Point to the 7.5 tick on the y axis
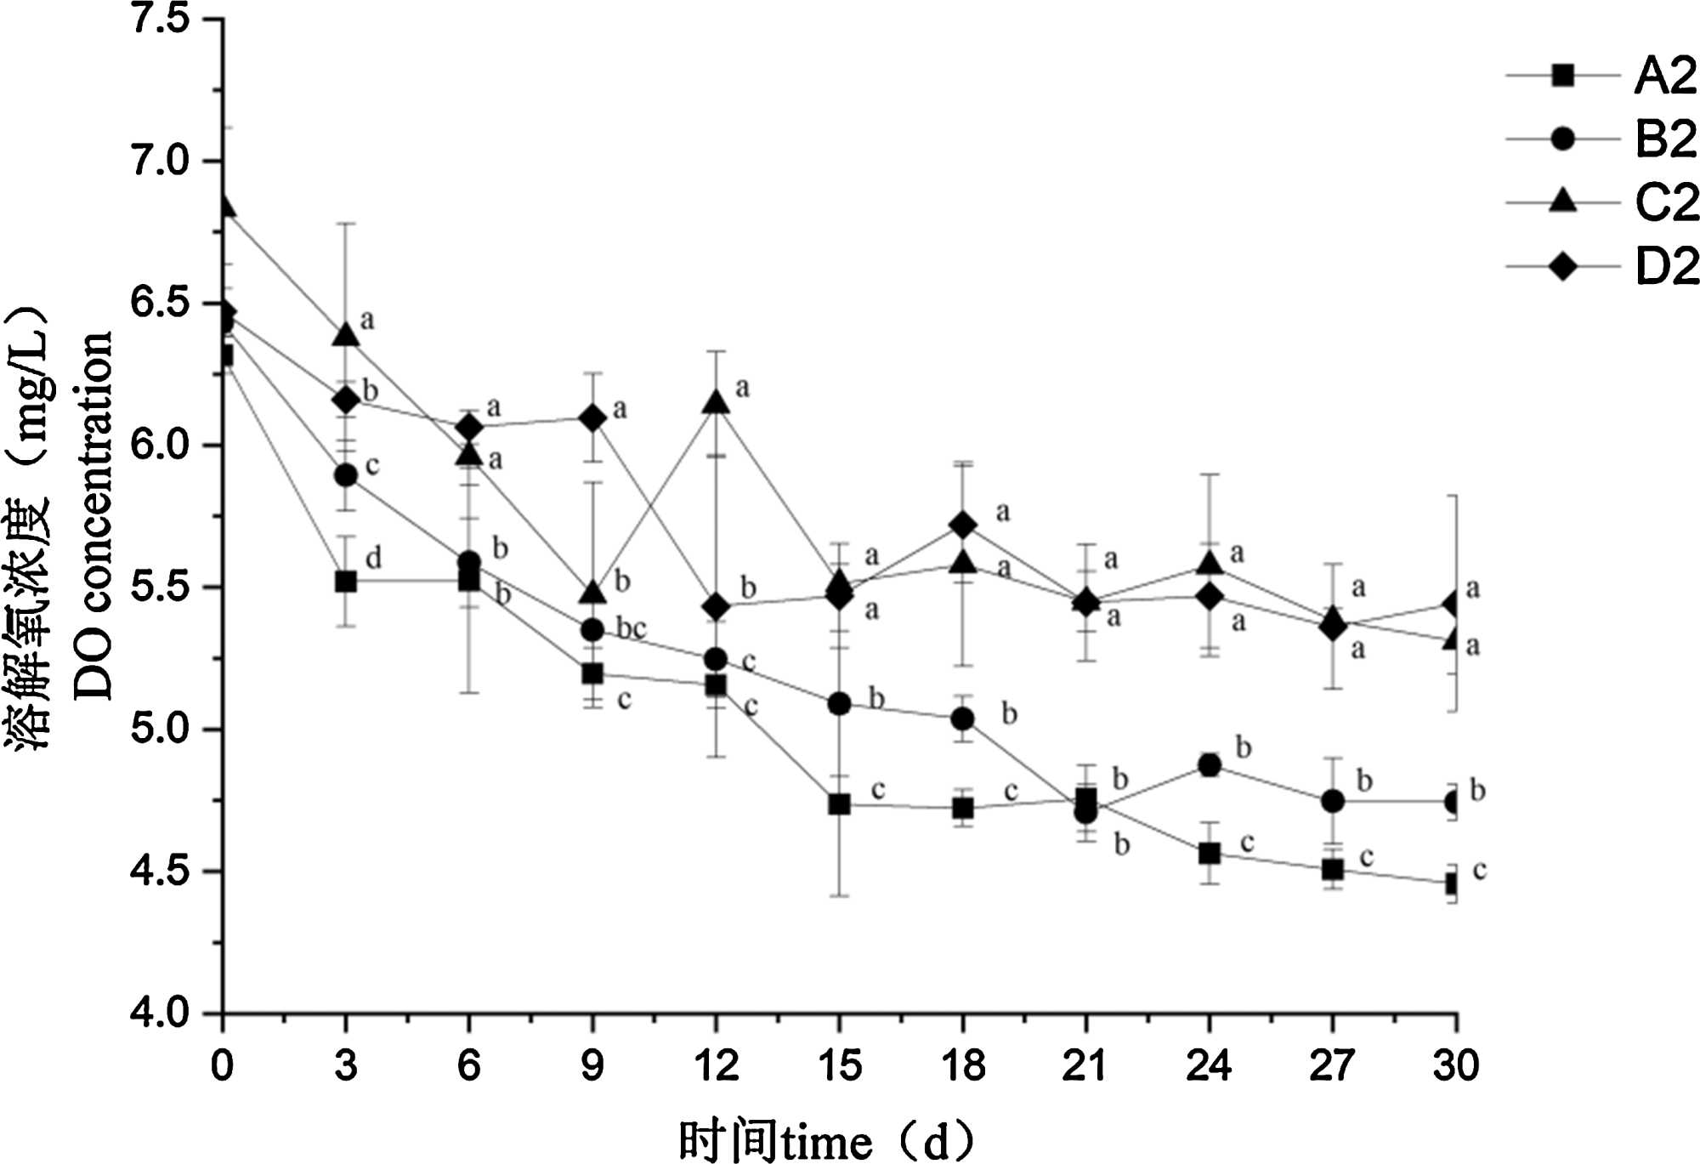[160, 19]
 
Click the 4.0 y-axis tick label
[160, 1013]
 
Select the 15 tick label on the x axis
[839, 1066]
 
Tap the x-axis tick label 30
[1455, 1066]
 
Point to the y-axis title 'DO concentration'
[93, 515]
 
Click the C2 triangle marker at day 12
[716, 401]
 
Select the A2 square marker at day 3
[345, 582]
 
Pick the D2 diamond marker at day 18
[962, 525]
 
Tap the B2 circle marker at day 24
[1209, 765]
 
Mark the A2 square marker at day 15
[839, 804]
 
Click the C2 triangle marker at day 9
[592, 593]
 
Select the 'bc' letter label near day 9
[631, 628]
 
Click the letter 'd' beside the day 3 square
[373, 559]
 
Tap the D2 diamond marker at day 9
[592, 418]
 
